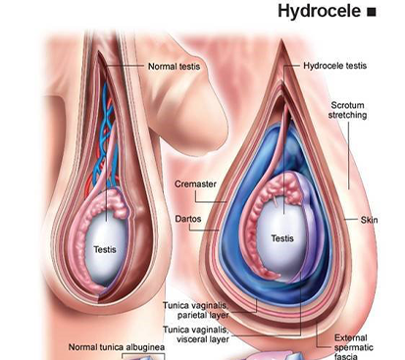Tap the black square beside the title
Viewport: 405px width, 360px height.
[371, 13]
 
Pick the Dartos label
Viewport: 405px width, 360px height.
[191, 219]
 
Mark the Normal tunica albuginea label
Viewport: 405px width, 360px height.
[116, 347]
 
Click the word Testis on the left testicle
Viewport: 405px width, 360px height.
[105, 250]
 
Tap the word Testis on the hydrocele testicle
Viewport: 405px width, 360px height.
[282, 238]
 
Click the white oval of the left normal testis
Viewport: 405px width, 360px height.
[106, 235]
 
